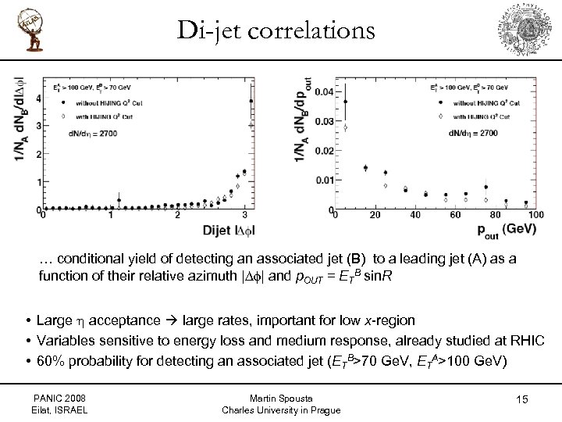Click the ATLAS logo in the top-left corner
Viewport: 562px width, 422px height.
coord(27,31)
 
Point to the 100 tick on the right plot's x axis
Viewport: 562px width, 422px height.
coord(535,216)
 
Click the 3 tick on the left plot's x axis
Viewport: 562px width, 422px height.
coord(244,216)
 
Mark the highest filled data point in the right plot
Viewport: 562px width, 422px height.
coord(346,101)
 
